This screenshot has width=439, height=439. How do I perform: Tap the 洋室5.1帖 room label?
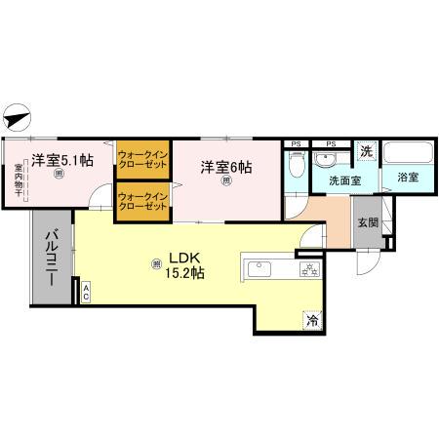[x=61, y=160]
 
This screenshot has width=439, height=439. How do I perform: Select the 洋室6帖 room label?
[x=226, y=167]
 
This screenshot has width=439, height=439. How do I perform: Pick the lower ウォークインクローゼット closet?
[x=143, y=203]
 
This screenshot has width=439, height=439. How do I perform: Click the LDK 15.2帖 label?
[x=185, y=266]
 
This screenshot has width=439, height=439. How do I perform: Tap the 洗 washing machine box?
[x=366, y=151]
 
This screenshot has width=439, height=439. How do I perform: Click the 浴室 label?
[x=408, y=178]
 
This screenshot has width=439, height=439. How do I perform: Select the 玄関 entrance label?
[x=367, y=222]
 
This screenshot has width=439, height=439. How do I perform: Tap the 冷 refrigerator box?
[x=312, y=319]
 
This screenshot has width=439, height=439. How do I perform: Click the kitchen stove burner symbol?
[x=310, y=269]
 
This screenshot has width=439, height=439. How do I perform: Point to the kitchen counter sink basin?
[x=262, y=268]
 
